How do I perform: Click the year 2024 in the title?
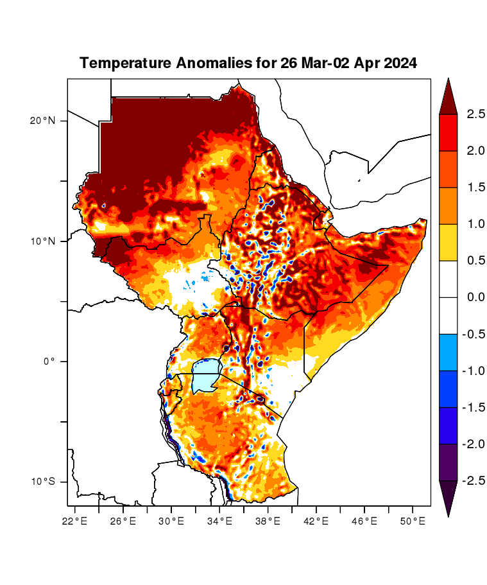(398, 64)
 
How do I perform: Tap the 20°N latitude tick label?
(44, 121)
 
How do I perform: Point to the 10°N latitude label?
(44, 241)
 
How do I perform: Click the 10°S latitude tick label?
(44, 482)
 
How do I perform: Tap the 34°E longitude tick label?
(219, 521)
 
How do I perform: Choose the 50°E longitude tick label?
(412, 521)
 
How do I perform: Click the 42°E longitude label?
(316, 521)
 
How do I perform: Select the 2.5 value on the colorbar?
(475, 114)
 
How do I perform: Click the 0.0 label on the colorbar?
(475, 297)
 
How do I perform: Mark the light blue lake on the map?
(207, 377)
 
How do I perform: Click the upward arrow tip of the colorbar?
(448, 81)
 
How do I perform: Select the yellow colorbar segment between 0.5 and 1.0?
(448, 242)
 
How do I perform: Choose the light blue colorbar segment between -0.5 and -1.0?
(448, 352)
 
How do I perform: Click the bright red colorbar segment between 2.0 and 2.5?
(448, 132)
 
